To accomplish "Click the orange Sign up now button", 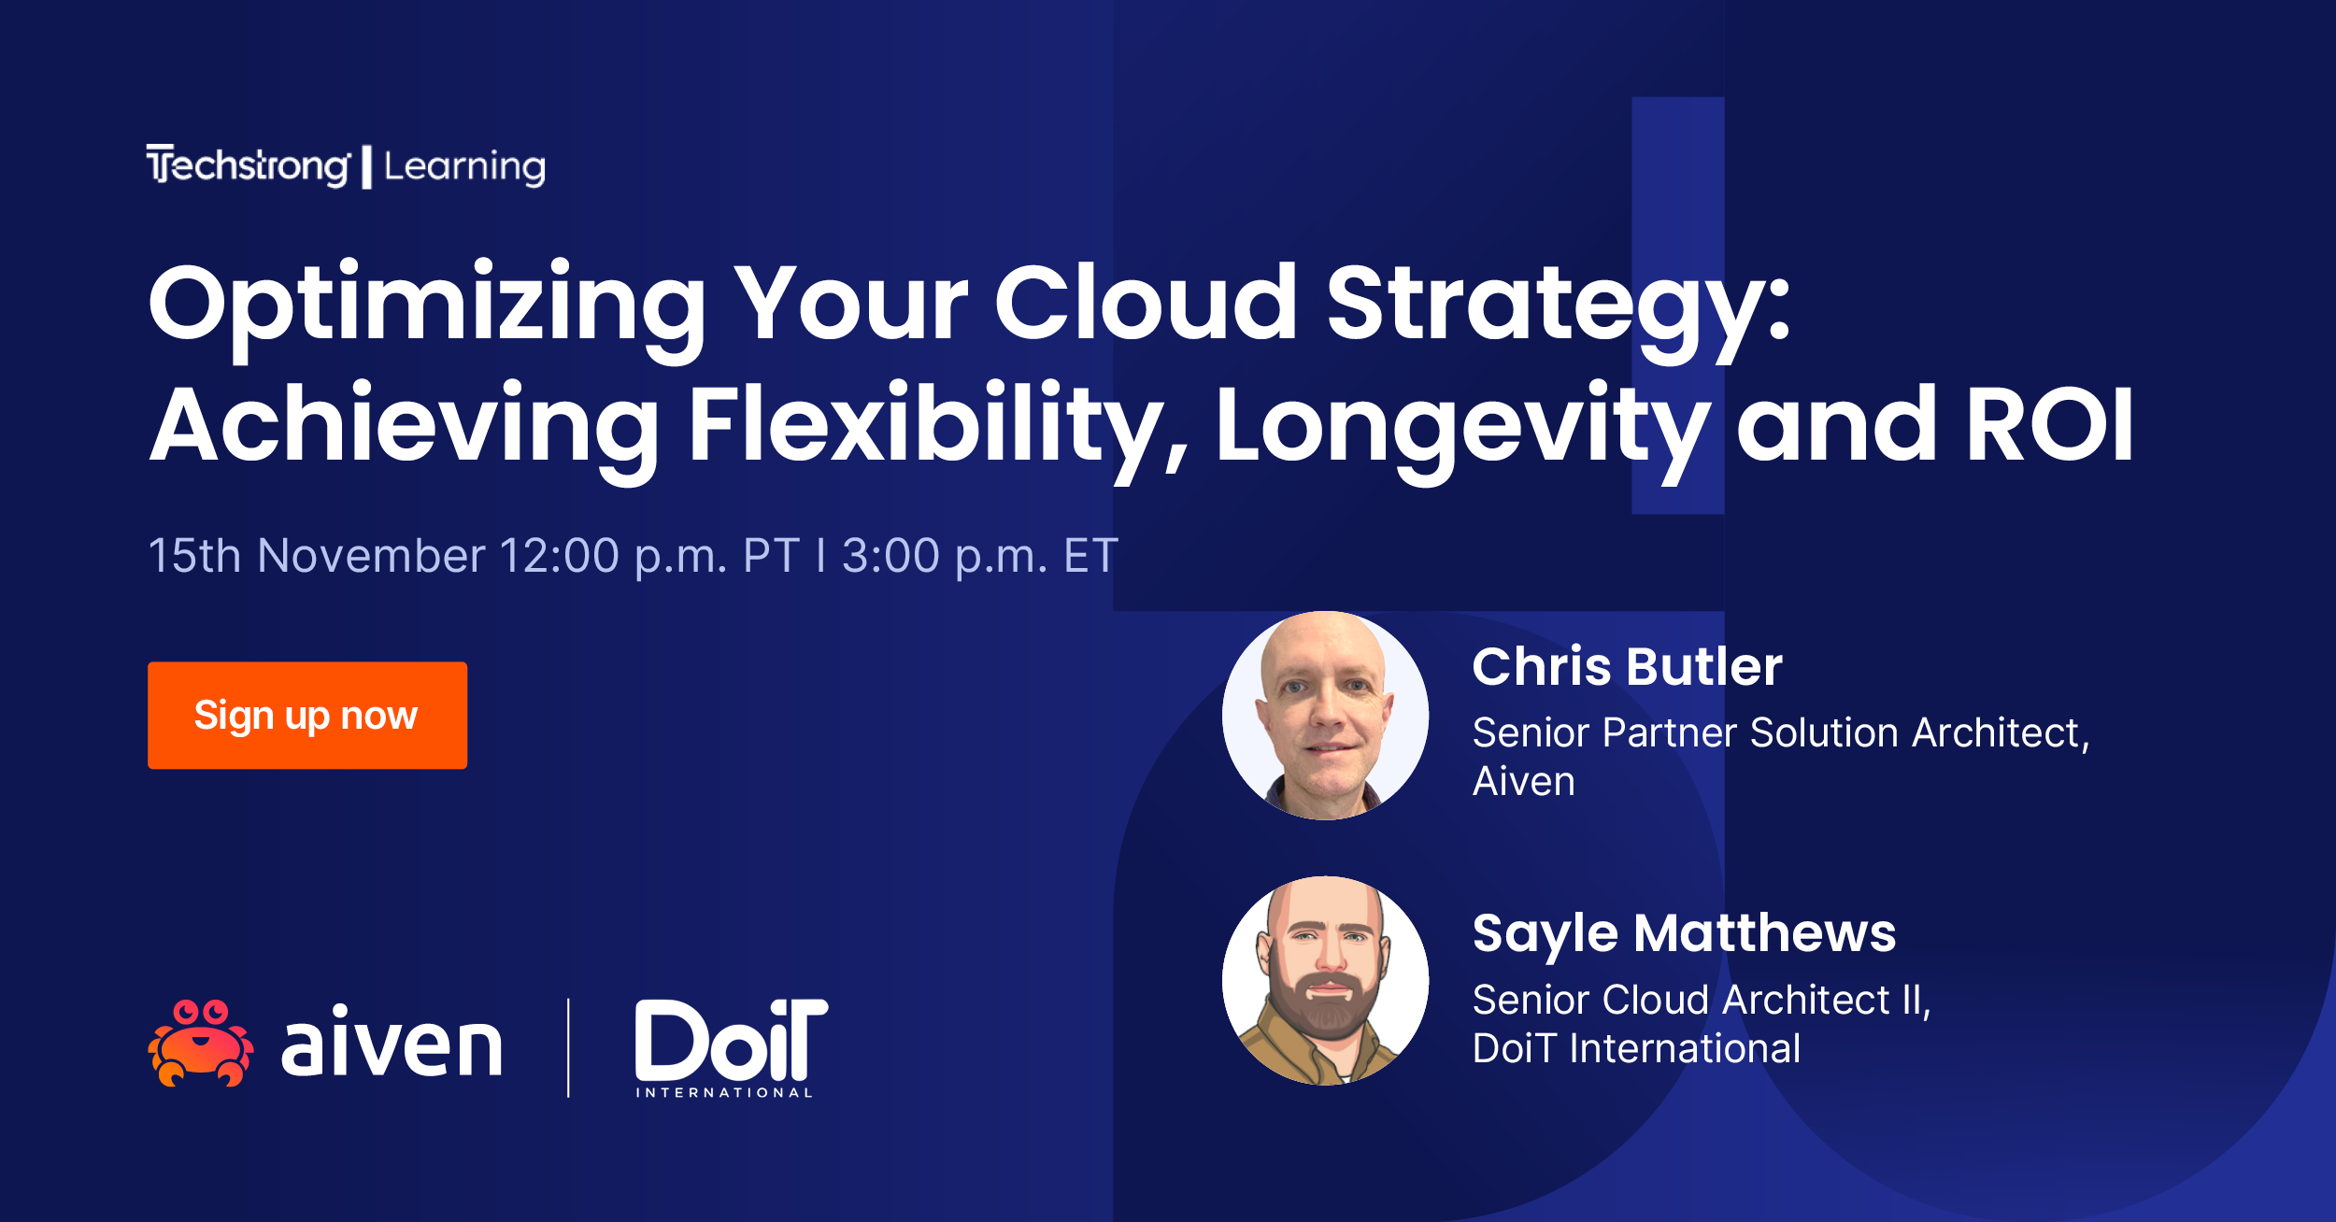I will pos(306,716).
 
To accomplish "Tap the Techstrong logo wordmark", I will pos(249,166).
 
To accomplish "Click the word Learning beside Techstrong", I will pos(464,167).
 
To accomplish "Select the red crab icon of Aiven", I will pos(200,1043).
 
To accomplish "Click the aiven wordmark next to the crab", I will pos(392,1044).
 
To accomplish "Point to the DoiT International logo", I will pos(730,1046).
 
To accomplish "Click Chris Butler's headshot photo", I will pos(1325,716).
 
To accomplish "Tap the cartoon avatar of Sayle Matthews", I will pos(1325,980).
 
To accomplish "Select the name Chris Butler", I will pos(1627,667).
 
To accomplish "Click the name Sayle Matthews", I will pos(1684,933).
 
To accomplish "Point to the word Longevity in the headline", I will pos(1462,425).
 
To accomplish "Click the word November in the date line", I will pos(371,556).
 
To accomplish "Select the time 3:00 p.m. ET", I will pos(979,556).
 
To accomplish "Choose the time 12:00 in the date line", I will pos(559,556).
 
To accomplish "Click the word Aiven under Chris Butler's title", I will pos(1523,782).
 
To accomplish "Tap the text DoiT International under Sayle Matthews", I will pos(1636,1048).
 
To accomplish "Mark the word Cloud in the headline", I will pos(1145,304).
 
